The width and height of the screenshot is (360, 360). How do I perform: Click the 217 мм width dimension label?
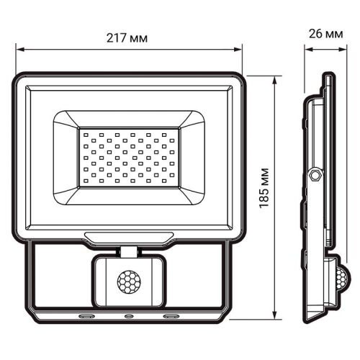point(129,37)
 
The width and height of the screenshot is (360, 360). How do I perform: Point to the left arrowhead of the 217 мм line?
point(19,50)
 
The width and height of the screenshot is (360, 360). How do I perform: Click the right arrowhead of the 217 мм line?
point(239,50)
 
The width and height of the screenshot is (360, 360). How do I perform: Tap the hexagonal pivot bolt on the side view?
point(314,175)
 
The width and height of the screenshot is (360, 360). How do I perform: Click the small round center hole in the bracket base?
point(130,315)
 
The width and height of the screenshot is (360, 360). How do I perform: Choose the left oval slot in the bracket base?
point(86,315)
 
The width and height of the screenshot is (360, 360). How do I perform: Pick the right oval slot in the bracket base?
point(173,315)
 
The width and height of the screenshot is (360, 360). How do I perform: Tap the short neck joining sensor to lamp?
point(130,251)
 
